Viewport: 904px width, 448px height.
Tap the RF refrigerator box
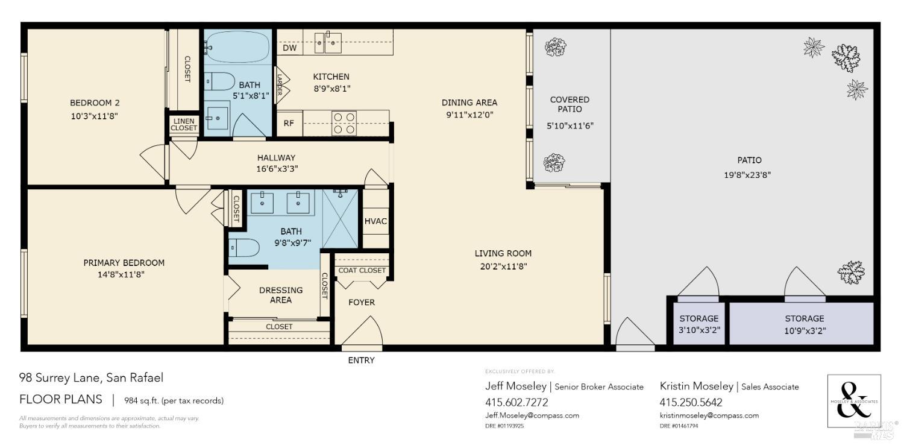pos(289,124)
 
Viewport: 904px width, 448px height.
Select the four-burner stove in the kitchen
pos(344,123)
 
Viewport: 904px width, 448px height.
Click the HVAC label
pos(375,221)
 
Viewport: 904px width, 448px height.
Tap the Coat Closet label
pos(362,270)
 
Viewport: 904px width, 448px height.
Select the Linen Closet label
pos(183,124)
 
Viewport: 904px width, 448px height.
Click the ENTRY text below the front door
pos(361,360)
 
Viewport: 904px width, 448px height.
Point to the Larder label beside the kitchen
pos(279,84)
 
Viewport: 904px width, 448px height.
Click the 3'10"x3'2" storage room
pos(698,324)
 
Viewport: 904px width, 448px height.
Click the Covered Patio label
pos(570,104)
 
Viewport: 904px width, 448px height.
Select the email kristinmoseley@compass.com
pos(709,415)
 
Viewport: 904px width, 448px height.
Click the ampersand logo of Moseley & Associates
pos(854,401)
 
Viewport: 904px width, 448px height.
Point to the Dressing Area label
pos(281,295)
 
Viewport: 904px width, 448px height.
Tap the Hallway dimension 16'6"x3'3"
pos(276,169)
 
